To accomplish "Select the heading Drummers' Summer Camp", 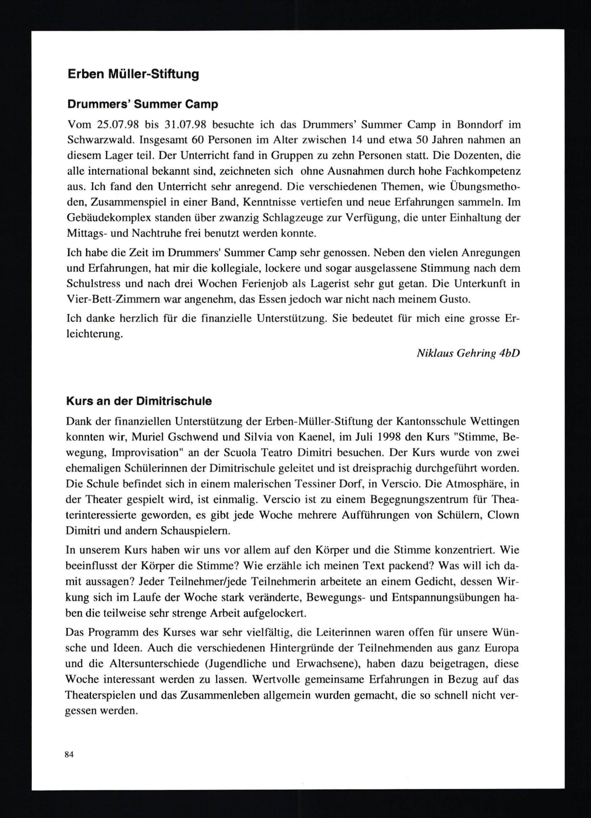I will click(x=143, y=105).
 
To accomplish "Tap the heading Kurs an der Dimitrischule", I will click(x=139, y=401).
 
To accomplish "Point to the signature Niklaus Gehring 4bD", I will click(x=468, y=353).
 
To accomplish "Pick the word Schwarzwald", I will click(x=100, y=140).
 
